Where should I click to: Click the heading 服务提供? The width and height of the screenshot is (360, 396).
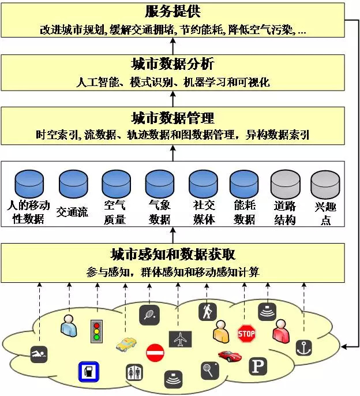pos(173,12)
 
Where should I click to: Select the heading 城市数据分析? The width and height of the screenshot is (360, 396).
pos(173,63)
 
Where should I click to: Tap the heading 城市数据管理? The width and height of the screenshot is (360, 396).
pos(173,118)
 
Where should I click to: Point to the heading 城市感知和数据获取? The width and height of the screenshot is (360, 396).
pos(173,255)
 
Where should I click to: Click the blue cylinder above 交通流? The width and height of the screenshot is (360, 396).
pos(73,184)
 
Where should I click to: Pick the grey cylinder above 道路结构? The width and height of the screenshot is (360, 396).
pos(285,184)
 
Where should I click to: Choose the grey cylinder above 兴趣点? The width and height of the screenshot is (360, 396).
pos(325,184)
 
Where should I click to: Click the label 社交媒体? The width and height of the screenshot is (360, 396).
pos(204,212)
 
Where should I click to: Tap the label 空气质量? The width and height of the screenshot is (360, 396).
pos(115,212)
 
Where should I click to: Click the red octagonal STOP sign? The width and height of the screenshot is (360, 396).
pos(246,334)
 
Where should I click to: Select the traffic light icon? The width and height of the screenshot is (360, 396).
pos(96,331)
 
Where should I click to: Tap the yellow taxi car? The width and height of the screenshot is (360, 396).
pos(126,344)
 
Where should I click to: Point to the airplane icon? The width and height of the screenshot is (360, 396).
pos(180,339)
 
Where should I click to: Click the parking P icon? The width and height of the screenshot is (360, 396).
pos(258,366)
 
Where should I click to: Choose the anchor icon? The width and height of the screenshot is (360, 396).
pos(303,348)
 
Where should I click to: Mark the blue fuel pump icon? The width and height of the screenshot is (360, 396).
pos(88,372)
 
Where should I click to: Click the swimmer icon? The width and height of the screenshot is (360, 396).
pos(39,354)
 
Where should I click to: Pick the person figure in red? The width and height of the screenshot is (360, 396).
pos(281,331)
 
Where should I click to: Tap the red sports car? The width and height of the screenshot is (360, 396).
pos(230,356)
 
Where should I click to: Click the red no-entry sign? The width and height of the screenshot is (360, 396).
pos(155,353)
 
